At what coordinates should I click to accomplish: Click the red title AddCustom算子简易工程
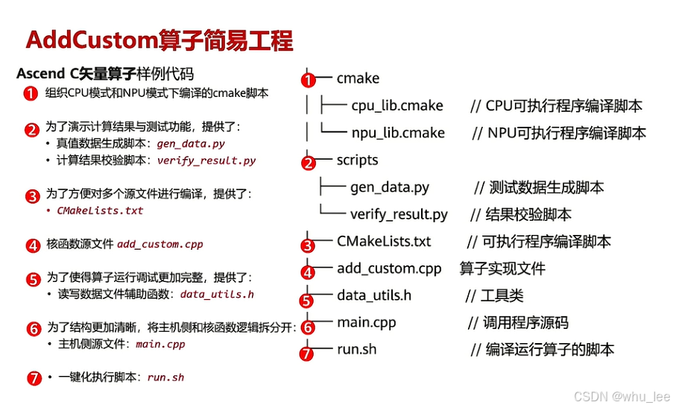pyautogui.click(x=159, y=40)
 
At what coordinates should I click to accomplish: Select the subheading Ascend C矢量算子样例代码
pyautogui.click(x=104, y=74)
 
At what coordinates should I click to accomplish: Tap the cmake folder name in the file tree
pyautogui.click(x=358, y=78)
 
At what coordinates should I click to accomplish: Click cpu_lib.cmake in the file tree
pyautogui.click(x=397, y=106)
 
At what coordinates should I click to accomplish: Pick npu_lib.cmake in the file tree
pyautogui.click(x=398, y=133)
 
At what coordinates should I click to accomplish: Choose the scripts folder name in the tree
pyautogui.click(x=357, y=160)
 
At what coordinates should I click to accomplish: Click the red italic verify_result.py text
pyautogui.click(x=206, y=160)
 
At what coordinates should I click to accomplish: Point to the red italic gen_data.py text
pyautogui.click(x=191, y=144)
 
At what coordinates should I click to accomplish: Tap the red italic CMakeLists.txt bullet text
pyautogui.click(x=100, y=210)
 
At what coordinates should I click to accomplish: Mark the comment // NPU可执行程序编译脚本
pyautogui.click(x=558, y=133)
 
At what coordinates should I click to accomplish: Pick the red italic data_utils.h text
pyautogui.click(x=217, y=294)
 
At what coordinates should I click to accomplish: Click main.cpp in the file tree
pyautogui.click(x=366, y=322)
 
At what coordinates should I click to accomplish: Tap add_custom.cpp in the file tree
pyautogui.click(x=389, y=269)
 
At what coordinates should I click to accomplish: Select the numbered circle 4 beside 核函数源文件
pyautogui.click(x=33, y=245)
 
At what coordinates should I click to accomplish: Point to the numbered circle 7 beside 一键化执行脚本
pyautogui.click(x=33, y=377)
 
